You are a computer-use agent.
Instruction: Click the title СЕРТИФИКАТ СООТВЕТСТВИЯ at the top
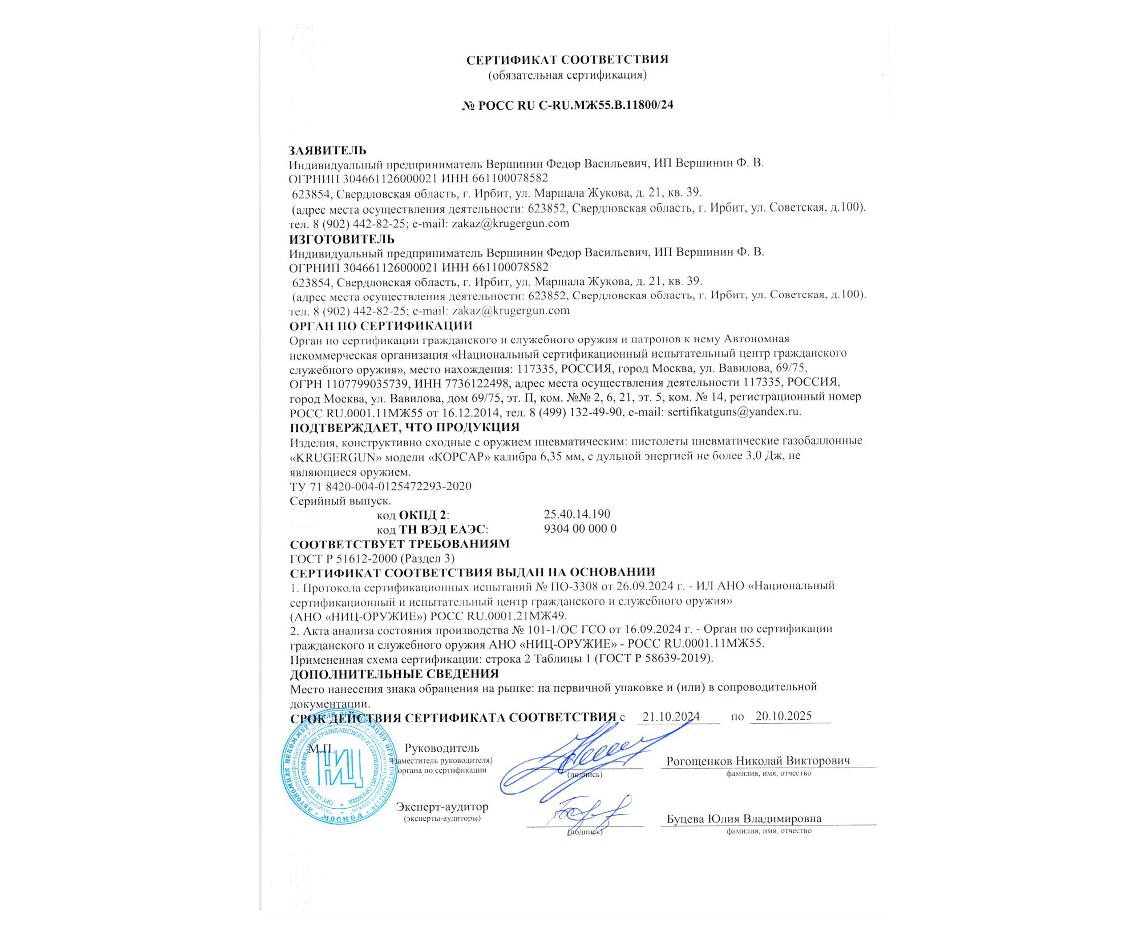click(567, 60)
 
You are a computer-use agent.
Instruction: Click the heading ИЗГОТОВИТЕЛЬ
click(342, 239)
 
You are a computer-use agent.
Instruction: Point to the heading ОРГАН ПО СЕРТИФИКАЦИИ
click(380, 326)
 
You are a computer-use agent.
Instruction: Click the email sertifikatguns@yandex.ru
click(733, 411)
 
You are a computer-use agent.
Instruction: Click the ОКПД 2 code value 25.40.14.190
click(577, 514)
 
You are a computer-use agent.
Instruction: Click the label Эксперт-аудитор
click(442, 807)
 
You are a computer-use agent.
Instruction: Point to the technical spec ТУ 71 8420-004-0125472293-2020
click(380, 486)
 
